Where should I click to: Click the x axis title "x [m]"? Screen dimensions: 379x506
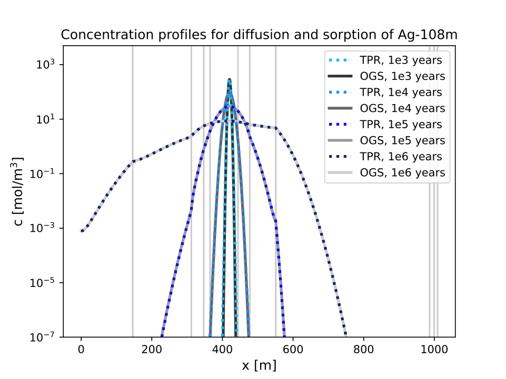click(259, 364)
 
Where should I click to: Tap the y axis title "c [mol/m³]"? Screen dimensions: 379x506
click(19, 191)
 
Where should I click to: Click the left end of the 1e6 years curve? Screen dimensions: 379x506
click(82, 231)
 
